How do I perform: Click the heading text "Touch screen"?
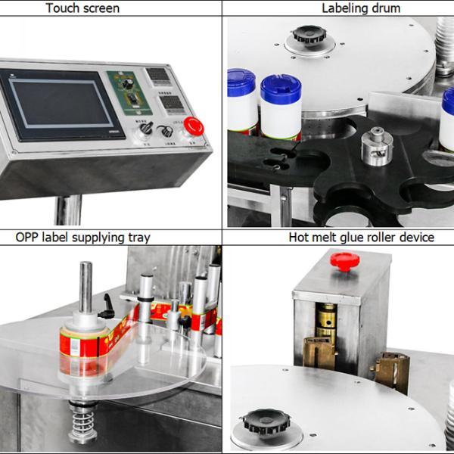[x=82, y=8]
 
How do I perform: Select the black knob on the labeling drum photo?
[x=309, y=35]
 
